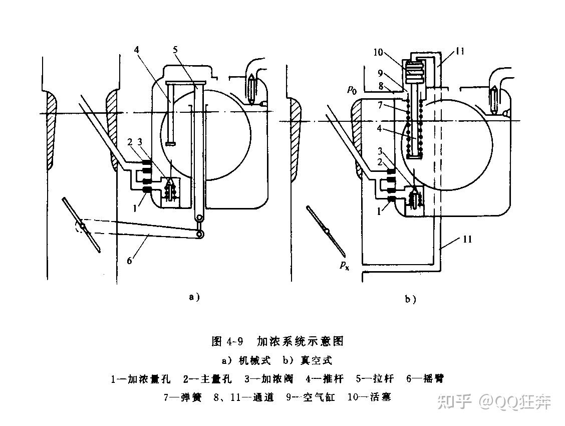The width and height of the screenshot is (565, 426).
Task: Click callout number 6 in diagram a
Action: [130, 259]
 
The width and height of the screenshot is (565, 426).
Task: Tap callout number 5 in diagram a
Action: [175, 50]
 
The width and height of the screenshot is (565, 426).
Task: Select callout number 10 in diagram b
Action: [378, 52]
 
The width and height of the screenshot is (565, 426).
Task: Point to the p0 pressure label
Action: [352, 89]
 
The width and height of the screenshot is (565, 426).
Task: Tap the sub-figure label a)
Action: [194, 297]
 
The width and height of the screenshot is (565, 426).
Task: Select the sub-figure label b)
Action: [410, 299]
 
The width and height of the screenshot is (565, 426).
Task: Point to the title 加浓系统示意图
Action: [300, 341]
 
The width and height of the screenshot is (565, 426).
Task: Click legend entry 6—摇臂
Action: [425, 379]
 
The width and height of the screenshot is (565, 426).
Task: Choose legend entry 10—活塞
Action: [369, 397]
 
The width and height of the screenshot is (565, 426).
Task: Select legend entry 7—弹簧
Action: [183, 397]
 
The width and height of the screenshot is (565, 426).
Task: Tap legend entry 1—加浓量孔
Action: [140, 379]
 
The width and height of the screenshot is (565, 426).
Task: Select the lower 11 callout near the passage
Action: [467, 239]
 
